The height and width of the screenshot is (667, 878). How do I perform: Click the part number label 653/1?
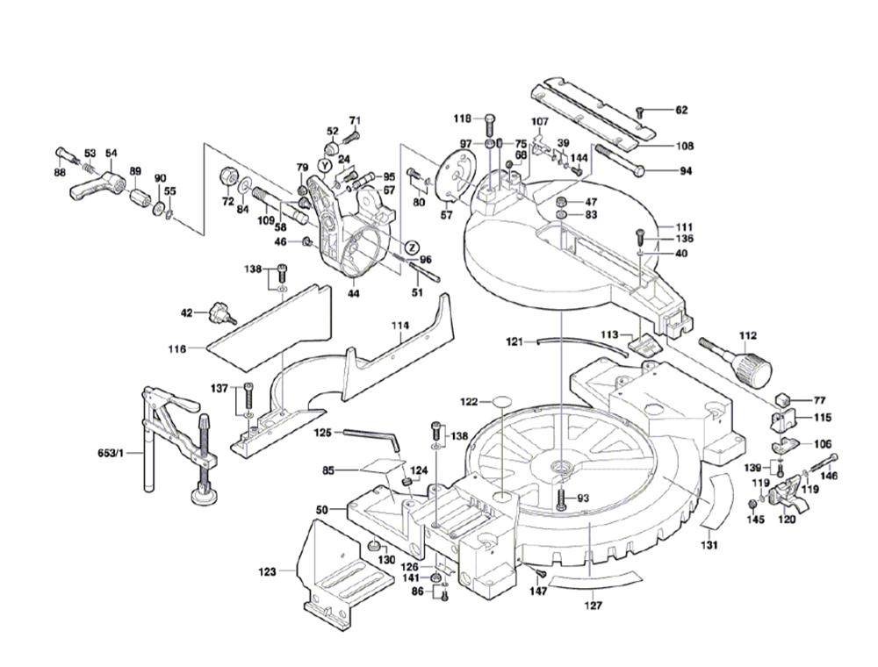pos(112,453)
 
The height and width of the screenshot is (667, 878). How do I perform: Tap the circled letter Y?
pos(324,166)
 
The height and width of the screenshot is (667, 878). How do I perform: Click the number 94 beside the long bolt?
pos(686,171)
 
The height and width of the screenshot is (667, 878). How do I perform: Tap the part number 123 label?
pos(267,572)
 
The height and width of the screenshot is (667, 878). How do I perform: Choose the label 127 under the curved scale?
pos(594,606)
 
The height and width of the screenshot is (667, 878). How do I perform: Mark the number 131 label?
pos(709,545)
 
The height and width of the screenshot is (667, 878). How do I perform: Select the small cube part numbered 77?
pos(784,399)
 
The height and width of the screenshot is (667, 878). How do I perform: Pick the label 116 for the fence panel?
pos(177,349)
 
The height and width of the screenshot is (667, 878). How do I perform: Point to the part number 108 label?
pos(685,146)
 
